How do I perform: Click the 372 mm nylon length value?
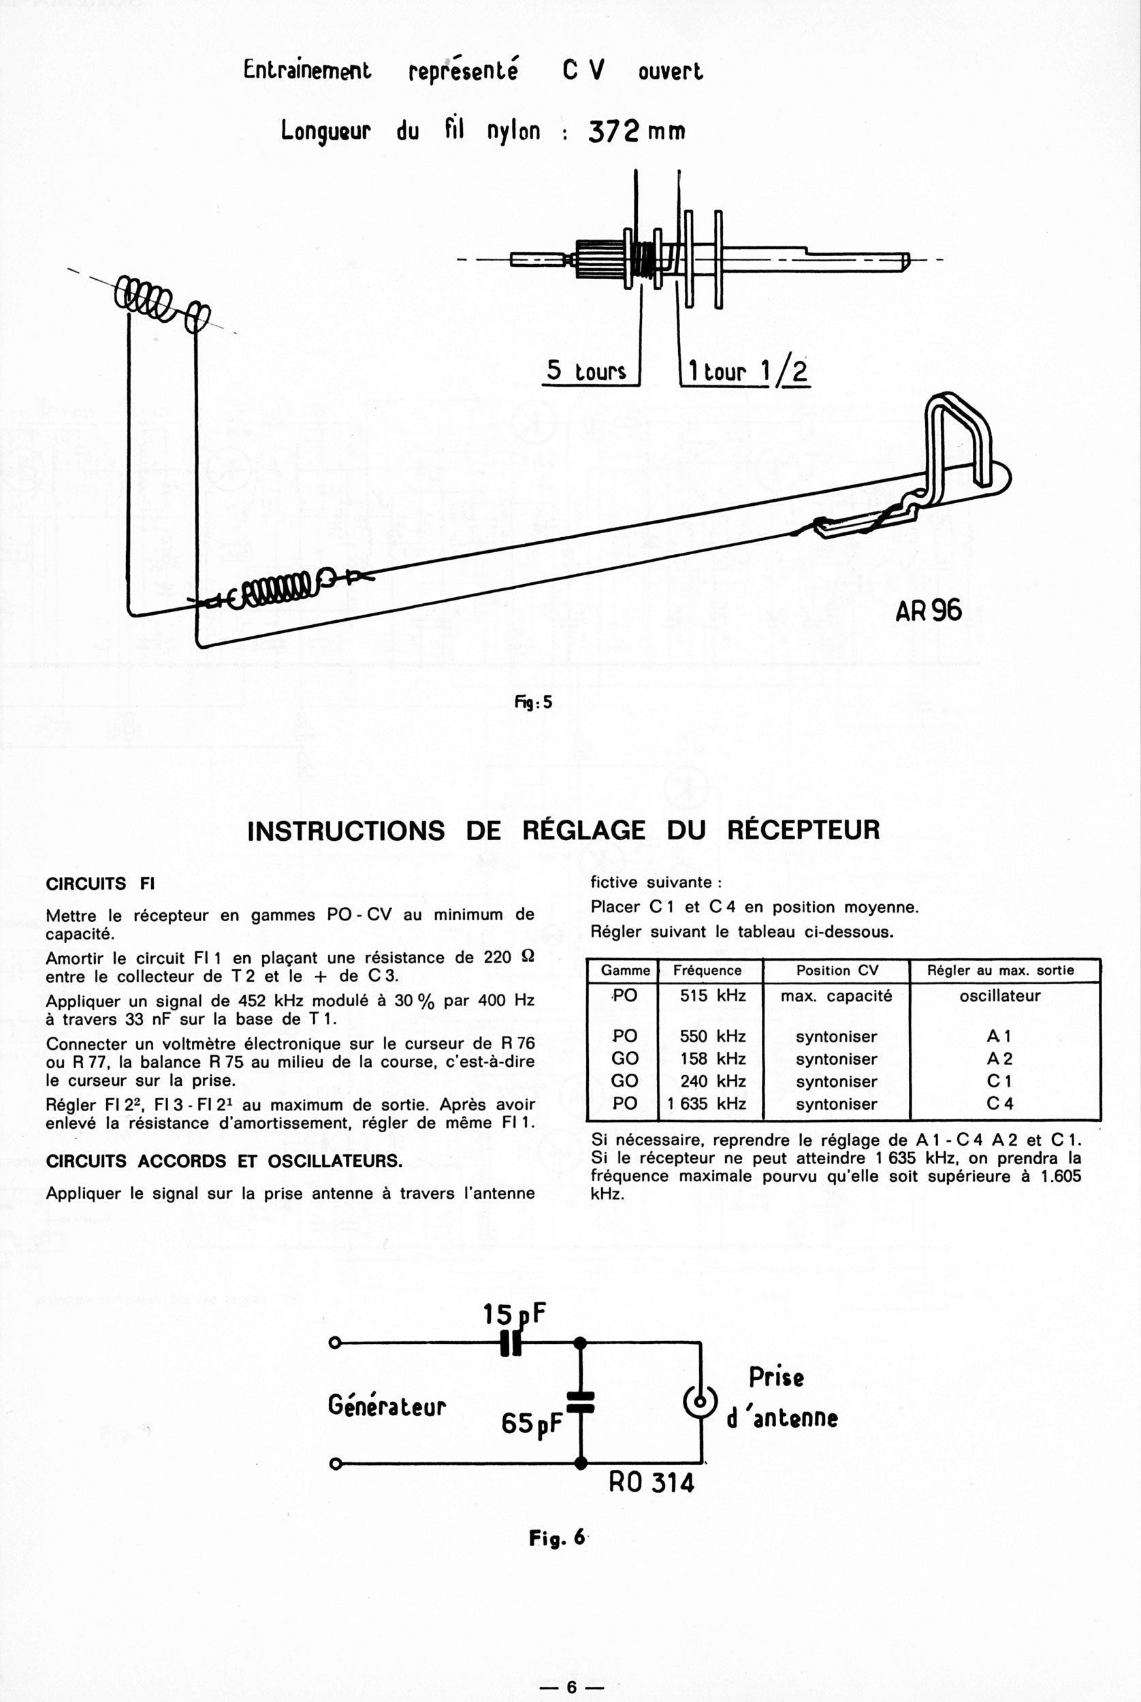[x=636, y=131]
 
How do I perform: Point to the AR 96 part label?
[x=929, y=610]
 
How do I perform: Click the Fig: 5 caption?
[x=533, y=703]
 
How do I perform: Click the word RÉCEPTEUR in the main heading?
[x=803, y=831]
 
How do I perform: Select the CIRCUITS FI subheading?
[x=101, y=884]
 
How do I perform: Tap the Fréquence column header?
[x=707, y=971]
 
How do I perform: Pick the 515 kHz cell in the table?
[x=712, y=995]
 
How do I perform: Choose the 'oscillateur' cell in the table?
[x=1000, y=996]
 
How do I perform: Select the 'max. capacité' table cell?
[x=836, y=996]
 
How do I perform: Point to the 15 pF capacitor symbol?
[x=511, y=1343]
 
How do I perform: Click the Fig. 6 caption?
[x=557, y=1537]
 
